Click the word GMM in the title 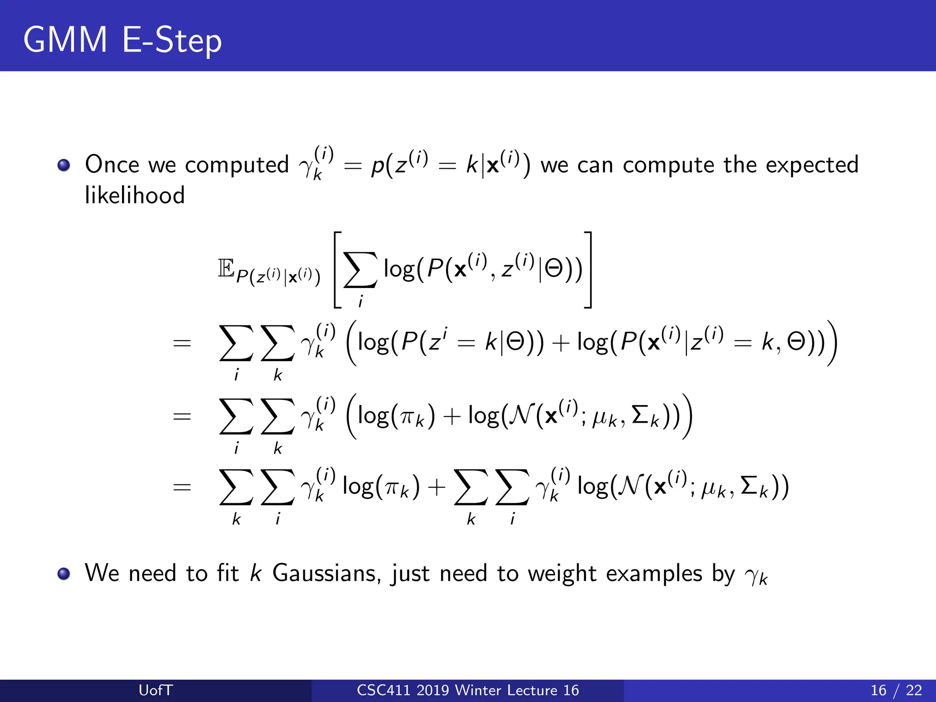click(65, 40)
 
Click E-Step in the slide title click(172, 40)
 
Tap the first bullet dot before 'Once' click(64, 165)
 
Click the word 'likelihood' click(135, 196)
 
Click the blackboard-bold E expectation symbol click(226, 268)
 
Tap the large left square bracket click(337, 270)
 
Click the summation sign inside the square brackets click(360, 270)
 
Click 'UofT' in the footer click(155, 690)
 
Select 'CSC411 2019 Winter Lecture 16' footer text click(468, 690)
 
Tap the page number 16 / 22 click(896, 690)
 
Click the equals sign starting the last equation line click(182, 487)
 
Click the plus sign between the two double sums click(436, 487)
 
